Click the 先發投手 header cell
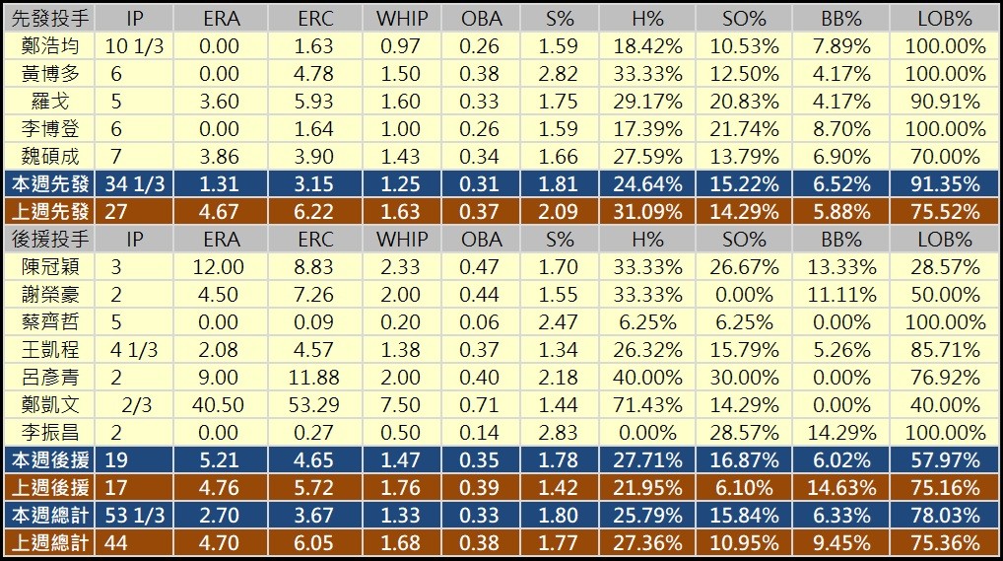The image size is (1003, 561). tap(49, 19)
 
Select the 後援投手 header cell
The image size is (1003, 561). tap(49, 240)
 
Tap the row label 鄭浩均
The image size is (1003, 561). tap(49, 46)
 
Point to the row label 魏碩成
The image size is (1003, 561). tap(49, 157)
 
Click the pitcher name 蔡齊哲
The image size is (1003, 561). tap(49, 322)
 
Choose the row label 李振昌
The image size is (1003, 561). tap(49, 433)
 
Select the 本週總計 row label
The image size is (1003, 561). tap(49, 516)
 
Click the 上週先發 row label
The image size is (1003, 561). tap(49, 212)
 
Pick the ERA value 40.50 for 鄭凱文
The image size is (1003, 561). tap(220, 405)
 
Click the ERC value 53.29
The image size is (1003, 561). tap(315, 405)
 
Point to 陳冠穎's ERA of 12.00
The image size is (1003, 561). tap(220, 267)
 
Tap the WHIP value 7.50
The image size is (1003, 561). tap(402, 405)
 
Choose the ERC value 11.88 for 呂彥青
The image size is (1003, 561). tap(315, 378)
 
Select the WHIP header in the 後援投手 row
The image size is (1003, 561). tap(402, 240)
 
